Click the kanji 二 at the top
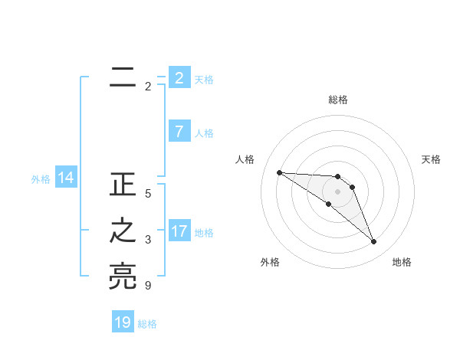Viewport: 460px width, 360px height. pyautogui.click(x=123, y=77)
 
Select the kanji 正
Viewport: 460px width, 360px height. pyautogui.click(x=123, y=186)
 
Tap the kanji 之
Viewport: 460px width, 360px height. pyautogui.click(x=123, y=232)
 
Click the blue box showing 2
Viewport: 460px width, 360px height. pyautogui.click(x=179, y=77)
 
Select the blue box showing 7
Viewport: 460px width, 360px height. pyautogui.click(x=179, y=132)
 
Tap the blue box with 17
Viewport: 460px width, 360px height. pyautogui.click(x=179, y=231)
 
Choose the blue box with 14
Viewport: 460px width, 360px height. pyautogui.click(x=66, y=178)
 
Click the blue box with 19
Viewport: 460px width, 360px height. pyautogui.click(x=123, y=322)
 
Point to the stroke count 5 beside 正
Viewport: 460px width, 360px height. pyautogui.click(x=148, y=194)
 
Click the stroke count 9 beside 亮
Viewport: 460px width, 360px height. pyautogui.click(x=148, y=286)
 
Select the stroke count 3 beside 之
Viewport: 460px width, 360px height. pyautogui.click(x=148, y=240)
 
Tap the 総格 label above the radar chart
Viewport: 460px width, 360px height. pyautogui.click(x=338, y=100)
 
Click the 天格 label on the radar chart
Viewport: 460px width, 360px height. pyautogui.click(x=432, y=159)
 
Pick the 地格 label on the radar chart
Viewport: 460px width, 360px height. pyautogui.click(x=402, y=262)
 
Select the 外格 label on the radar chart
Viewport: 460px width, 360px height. pyautogui.click(x=270, y=262)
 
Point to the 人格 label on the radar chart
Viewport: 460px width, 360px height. pyautogui.click(x=245, y=159)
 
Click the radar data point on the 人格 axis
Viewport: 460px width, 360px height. pyautogui.click(x=279, y=172)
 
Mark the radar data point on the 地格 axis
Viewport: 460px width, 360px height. pyautogui.click(x=373, y=242)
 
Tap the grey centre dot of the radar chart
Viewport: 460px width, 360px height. pyautogui.click(x=337, y=191)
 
